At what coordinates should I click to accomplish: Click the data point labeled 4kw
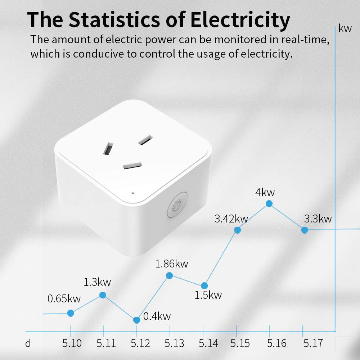[269, 204]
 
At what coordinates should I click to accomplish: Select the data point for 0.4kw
[136, 320]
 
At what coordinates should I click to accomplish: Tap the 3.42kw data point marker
[238, 230]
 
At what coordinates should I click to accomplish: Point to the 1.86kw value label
[172, 264]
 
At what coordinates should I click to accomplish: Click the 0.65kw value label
[64, 298]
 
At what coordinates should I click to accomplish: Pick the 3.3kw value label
[318, 219]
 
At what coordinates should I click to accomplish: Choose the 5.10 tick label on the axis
[72, 343]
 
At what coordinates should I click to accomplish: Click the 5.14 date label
[208, 343]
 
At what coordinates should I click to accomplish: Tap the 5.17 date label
[313, 343]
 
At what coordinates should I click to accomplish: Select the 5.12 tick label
[140, 343]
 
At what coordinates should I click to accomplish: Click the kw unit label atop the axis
[345, 29]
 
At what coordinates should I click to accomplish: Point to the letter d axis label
[28, 343]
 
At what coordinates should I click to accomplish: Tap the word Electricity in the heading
[240, 20]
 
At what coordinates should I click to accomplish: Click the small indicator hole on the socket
[133, 193]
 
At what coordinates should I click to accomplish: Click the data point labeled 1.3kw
[103, 295]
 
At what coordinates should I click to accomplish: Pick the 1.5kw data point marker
[204, 285]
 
